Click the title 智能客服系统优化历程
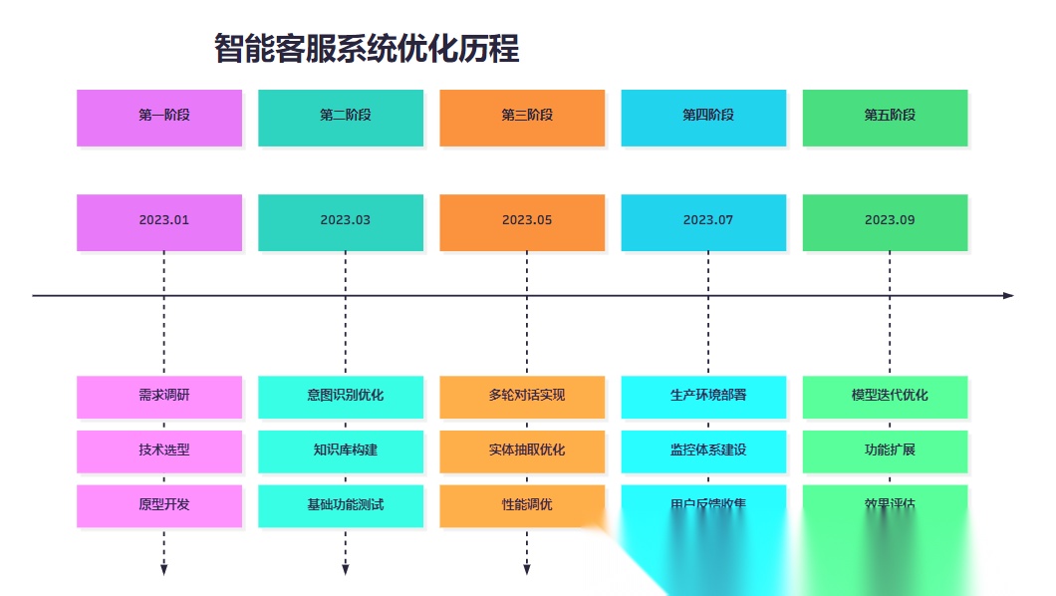[x=367, y=48]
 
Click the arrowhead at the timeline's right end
[x=1008, y=295]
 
